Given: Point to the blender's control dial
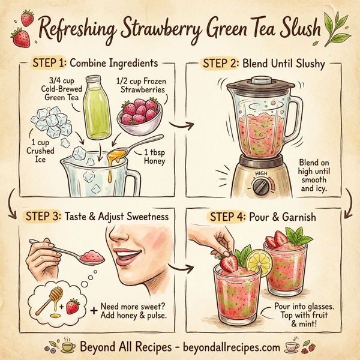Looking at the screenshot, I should click(261, 186).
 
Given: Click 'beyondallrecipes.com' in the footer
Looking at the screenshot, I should click(229, 347).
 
